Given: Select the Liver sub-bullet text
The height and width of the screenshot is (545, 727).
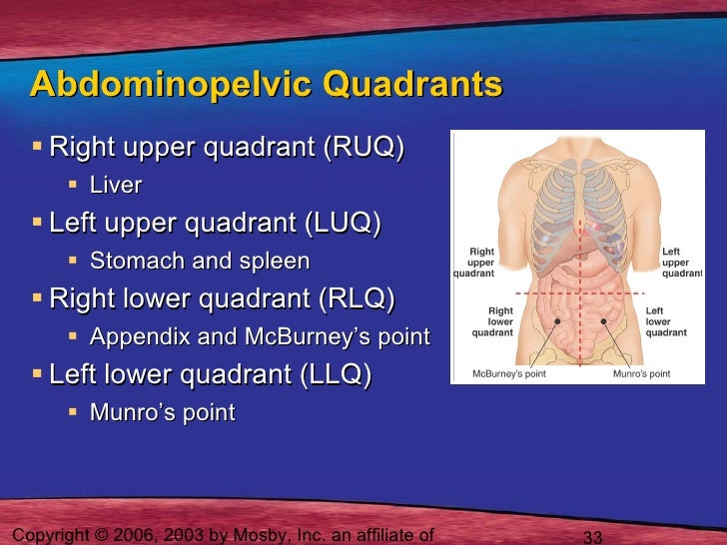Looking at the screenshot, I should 116,186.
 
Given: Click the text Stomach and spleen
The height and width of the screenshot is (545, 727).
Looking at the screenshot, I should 200,262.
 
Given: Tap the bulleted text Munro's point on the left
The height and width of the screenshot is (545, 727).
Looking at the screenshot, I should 163,412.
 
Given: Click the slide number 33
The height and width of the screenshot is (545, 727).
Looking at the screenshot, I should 592,537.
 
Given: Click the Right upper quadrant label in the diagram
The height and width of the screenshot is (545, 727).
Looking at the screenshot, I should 480,262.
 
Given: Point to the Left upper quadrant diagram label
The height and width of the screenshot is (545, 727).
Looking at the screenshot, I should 682,262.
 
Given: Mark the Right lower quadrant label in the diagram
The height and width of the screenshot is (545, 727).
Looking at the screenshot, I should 499,321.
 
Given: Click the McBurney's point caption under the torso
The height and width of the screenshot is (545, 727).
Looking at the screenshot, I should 508,374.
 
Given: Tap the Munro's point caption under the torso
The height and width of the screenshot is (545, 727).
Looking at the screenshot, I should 641,374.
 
